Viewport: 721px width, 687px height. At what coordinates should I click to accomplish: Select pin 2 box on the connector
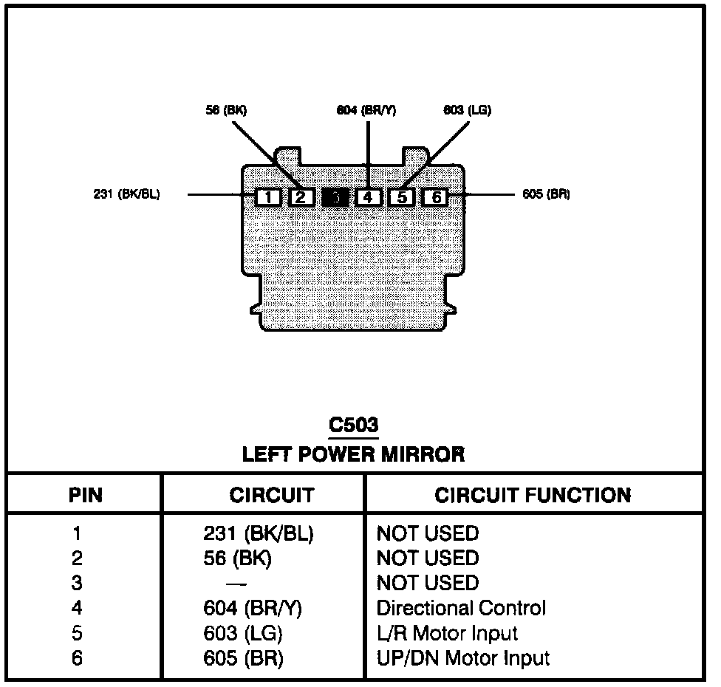tap(301, 197)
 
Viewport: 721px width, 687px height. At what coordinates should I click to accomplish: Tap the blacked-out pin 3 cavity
tap(335, 197)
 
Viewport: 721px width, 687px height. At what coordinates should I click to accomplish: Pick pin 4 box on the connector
tap(368, 197)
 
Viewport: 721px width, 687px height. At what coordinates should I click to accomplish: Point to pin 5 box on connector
tap(401, 197)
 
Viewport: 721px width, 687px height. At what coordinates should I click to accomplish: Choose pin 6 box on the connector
tap(436, 197)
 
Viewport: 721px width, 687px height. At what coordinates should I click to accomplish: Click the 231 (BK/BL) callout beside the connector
tap(127, 194)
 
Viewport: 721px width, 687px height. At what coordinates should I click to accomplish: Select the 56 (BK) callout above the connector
tap(225, 110)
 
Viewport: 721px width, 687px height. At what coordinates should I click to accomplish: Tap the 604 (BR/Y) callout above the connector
tap(366, 110)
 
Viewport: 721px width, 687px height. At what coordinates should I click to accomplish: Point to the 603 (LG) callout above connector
tap(467, 110)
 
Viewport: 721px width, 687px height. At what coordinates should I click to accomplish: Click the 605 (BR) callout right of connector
tap(545, 194)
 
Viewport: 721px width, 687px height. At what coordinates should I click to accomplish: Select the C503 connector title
tap(353, 426)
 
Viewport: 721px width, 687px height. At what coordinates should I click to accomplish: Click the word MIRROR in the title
tap(423, 454)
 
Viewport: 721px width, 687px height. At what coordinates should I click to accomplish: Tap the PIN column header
tap(86, 495)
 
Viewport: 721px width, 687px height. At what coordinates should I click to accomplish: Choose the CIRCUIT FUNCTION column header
tap(533, 495)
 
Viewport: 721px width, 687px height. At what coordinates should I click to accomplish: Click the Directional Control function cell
tap(461, 609)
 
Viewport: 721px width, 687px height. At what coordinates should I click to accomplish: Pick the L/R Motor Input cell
tap(447, 633)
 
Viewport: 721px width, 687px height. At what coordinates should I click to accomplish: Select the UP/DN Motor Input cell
tap(463, 658)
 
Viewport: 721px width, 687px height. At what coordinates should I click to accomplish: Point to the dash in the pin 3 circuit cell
tap(237, 584)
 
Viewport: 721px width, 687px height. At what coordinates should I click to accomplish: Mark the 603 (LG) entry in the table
tap(243, 633)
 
